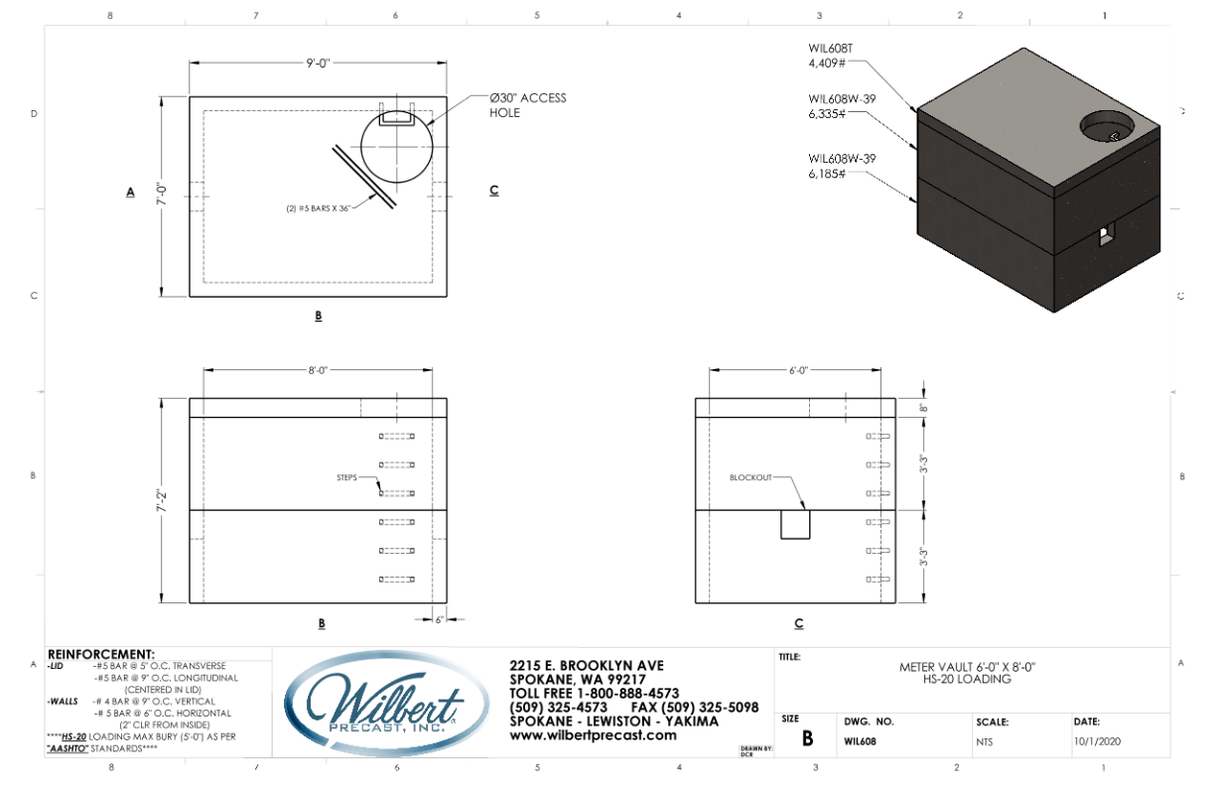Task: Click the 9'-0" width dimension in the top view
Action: [x=318, y=63]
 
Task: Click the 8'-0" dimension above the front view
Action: [x=318, y=370]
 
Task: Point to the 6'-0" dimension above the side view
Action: [x=798, y=370]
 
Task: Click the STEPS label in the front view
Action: [x=346, y=477]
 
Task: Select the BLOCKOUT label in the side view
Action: [x=750, y=477]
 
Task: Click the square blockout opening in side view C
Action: [x=795, y=524]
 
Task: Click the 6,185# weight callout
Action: [x=828, y=173]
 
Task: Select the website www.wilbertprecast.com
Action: [x=593, y=735]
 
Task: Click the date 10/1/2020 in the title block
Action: [x=1097, y=740]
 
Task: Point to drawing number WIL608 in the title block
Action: [x=859, y=740]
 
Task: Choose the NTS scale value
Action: [x=985, y=740]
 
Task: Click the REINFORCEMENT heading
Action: [x=100, y=653]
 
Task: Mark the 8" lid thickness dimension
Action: [x=924, y=408]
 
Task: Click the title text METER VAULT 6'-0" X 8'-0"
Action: [x=967, y=667]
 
